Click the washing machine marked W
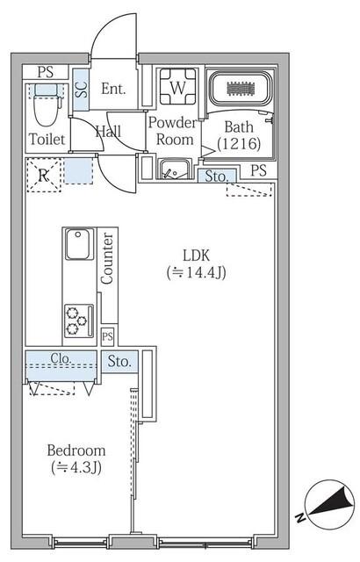click(176, 87)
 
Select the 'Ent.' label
click(113, 88)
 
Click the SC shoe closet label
click(81, 89)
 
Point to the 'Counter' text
click(107, 257)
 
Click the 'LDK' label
click(196, 255)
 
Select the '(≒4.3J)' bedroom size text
click(76, 468)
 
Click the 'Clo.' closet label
click(61, 358)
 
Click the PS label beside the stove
click(107, 336)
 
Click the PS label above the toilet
click(44, 72)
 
